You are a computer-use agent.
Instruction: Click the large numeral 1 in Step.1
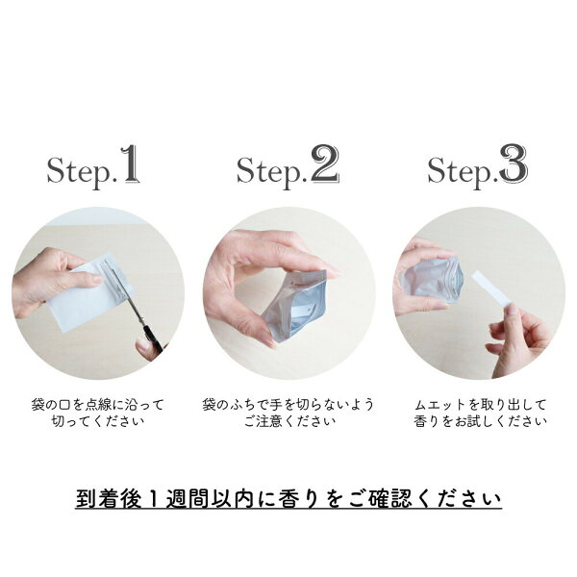tap(130, 163)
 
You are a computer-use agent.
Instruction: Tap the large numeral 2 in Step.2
tap(325, 163)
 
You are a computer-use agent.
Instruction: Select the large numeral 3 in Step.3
tap(514, 164)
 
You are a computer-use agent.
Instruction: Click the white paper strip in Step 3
tap(491, 289)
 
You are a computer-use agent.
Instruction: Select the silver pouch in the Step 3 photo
tap(431, 281)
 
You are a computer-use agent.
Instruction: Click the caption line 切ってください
tap(98, 421)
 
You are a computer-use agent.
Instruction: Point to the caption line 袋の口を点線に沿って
tap(97, 405)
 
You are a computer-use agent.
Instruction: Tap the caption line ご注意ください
tap(289, 421)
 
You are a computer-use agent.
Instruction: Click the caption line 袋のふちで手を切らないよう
tap(288, 405)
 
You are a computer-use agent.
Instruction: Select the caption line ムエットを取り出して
tap(480, 405)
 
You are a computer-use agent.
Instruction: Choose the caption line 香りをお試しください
tap(480, 421)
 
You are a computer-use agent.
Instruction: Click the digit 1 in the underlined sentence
tap(154, 499)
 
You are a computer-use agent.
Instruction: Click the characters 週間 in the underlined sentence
tap(188, 499)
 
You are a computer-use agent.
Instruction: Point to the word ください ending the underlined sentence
tap(460, 499)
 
